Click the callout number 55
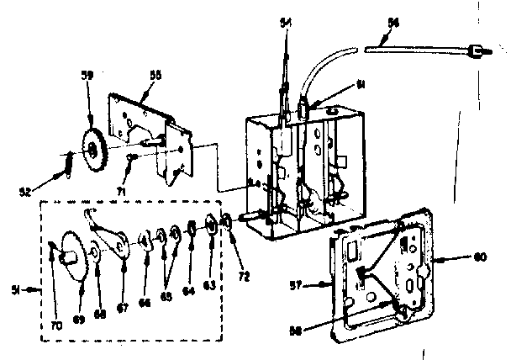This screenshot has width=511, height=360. pos(155,74)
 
